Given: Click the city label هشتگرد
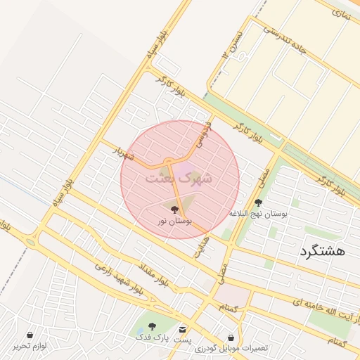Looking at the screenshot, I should point(323,252).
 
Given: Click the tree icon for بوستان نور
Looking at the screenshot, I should point(174,209).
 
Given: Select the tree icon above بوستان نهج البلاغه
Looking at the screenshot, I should point(258,202).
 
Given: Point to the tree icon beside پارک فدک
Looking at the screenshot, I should point(153,327).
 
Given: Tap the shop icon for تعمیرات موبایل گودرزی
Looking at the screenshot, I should point(232,337).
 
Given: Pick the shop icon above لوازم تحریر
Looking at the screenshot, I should point(30,335).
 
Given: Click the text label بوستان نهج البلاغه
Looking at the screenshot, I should point(258,213).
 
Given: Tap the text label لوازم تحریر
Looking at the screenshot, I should point(30,346).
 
